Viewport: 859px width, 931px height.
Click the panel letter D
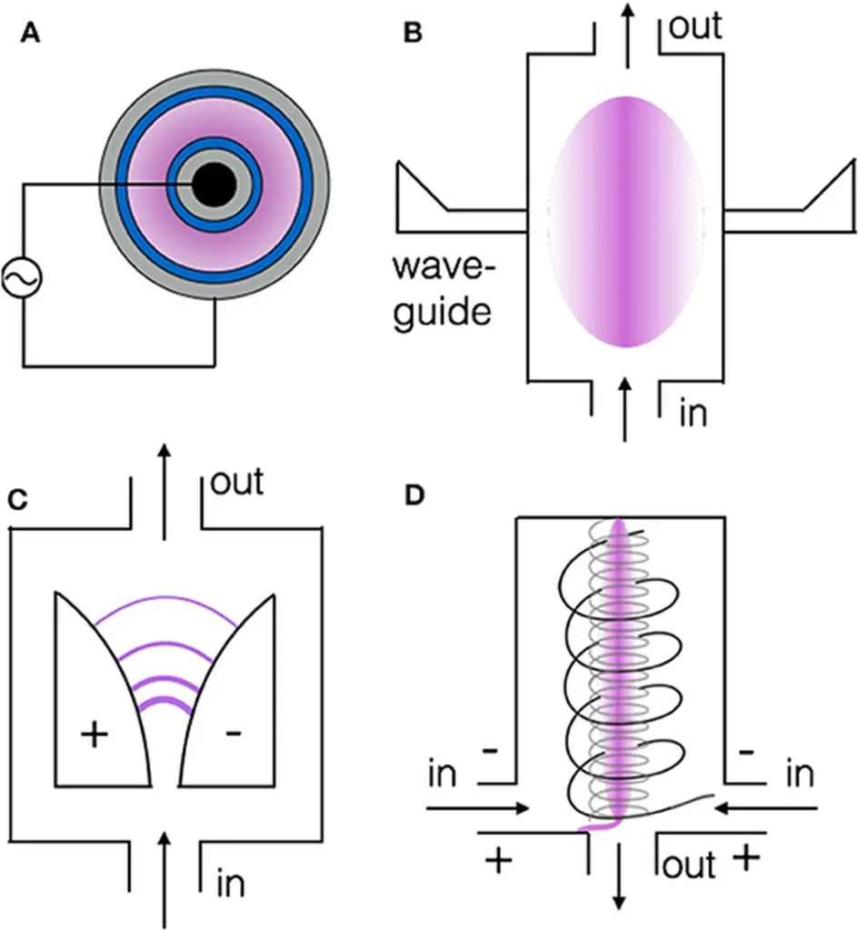point(413,498)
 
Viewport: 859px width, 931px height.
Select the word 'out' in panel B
point(695,26)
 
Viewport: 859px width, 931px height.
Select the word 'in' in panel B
point(694,414)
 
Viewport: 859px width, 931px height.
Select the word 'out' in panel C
point(236,482)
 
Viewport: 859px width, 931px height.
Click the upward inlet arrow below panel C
point(165,873)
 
